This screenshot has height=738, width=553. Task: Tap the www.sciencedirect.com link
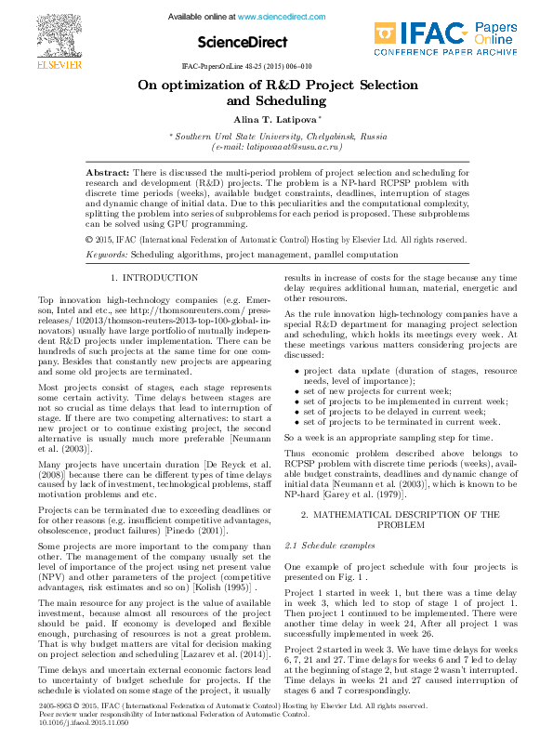pos(274,17)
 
